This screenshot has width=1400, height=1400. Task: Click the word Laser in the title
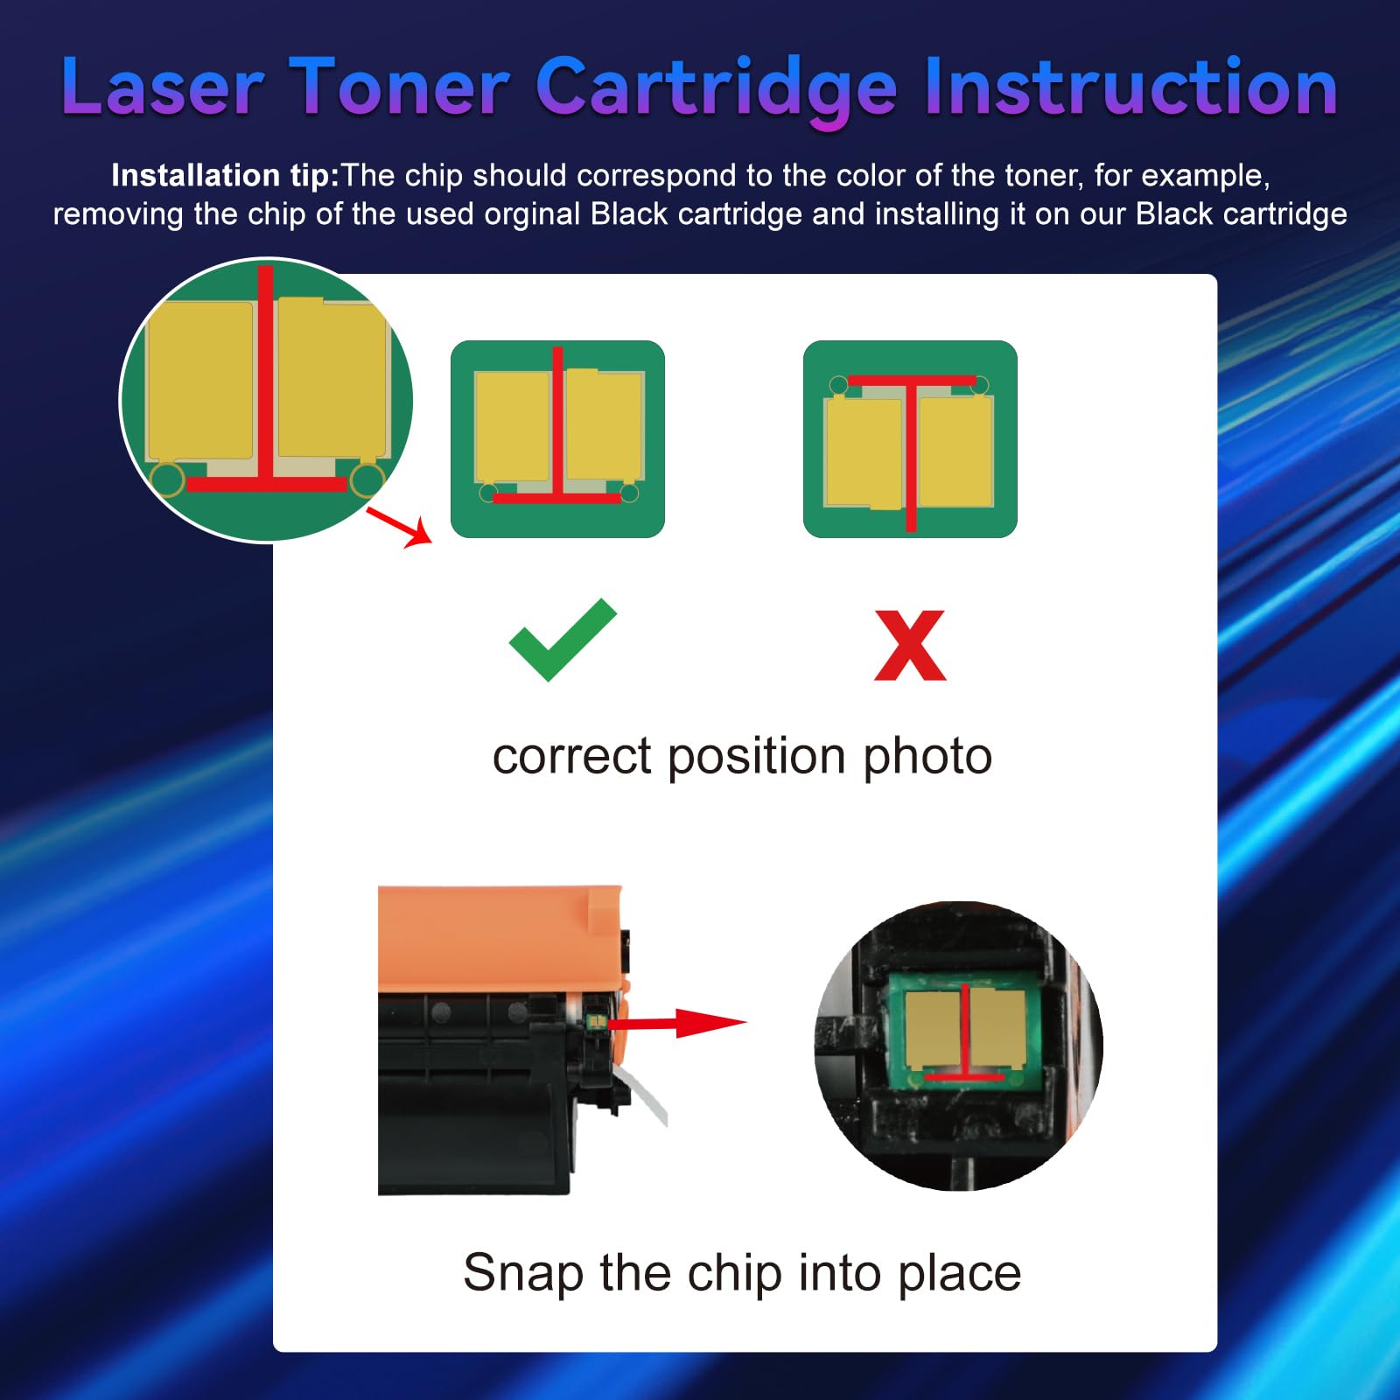click(163, 87)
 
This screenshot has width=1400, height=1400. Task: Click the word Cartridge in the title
click(716, 87)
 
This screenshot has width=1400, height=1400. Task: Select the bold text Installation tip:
click(225, 176)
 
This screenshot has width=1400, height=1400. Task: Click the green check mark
click(563, 640)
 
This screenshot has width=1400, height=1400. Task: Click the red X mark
click(910, 646)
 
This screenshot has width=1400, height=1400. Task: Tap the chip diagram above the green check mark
click(557, 438)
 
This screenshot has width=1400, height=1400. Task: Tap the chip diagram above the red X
click(910, 438)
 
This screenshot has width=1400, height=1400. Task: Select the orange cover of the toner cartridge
click(499, 936)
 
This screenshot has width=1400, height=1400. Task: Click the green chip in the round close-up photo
click(964, 1032)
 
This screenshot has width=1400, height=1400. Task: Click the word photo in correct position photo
click(927, 756)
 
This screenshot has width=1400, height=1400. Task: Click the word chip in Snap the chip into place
click(734, 1272)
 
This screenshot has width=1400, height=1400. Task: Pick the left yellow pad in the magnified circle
click(201, 381)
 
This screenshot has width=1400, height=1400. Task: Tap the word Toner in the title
click(399, 87)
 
